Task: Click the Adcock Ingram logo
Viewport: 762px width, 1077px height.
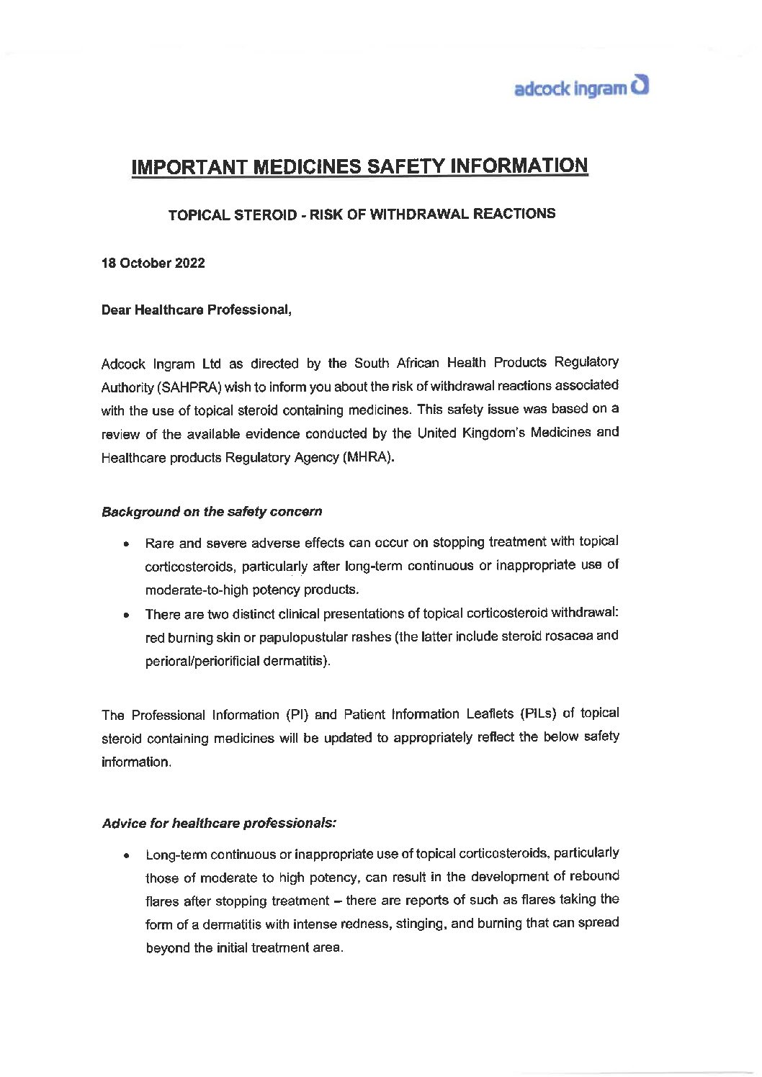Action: point(581,89)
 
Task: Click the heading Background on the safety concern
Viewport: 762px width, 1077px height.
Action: point(212,512)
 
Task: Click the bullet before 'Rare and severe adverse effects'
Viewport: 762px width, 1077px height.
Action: point(127,544)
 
